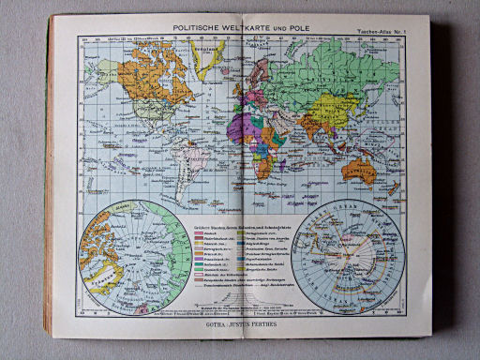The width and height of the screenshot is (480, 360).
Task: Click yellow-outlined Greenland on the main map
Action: point(207,49)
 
